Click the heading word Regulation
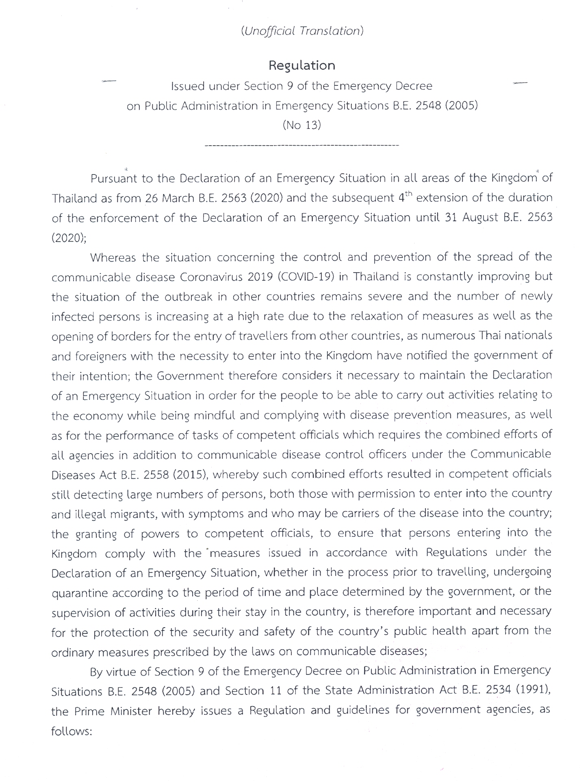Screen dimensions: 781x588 coord(302,65)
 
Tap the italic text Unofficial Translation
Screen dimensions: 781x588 coord(302,31)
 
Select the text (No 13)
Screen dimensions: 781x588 coord(302,125)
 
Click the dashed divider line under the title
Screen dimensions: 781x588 coord(302,145)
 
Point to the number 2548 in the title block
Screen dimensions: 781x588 coord(427,106)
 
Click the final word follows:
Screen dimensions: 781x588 coord(72,731)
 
